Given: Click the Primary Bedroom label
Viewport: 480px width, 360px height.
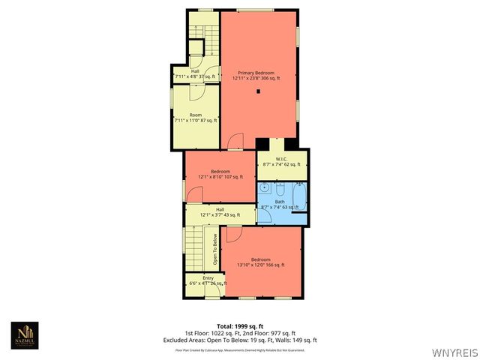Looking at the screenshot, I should [x=256, y=74].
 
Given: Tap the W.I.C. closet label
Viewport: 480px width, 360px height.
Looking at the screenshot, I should [x=281, y=161].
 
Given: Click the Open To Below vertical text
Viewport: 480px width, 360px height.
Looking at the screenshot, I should [x=215, y=250].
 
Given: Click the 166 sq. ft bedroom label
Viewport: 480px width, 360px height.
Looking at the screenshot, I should [x=260, y=262].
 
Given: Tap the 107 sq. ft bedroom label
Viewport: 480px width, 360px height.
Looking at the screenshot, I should [x=221, y=174].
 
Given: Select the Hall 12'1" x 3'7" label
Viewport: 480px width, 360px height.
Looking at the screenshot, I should [x=220, y=213].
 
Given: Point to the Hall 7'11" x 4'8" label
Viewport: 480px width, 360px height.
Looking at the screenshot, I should [x=194, y=74].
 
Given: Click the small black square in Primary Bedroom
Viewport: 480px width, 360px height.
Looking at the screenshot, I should [x=259, y=91].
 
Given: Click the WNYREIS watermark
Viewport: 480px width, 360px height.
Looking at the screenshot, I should [x=454, y=350].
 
